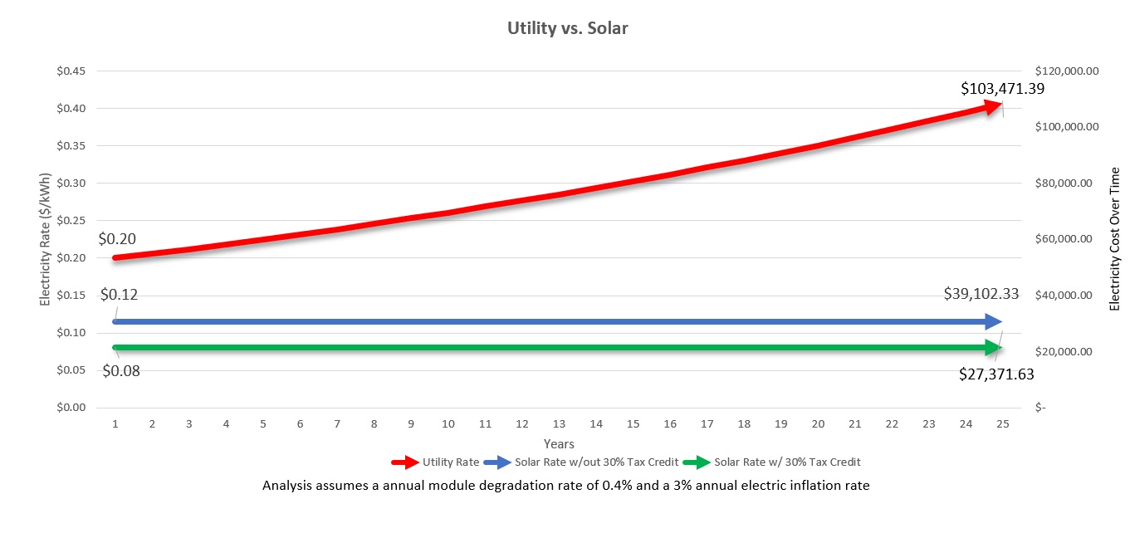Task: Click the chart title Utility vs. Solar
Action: pos(568,28)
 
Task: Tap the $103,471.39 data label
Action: pos(1002,88)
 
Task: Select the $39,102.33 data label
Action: pos(981,294)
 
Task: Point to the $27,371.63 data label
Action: pos(996,374)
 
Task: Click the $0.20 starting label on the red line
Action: pos(117,239)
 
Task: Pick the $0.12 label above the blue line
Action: pos(119,295)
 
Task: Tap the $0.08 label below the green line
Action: pos(121,370)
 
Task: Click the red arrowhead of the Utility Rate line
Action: pos(993,105)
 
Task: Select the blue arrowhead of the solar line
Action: pos(993,321)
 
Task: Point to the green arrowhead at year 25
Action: pos(993,347)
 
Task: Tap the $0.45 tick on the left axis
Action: pos(71,71)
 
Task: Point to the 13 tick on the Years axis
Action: pos(559,424)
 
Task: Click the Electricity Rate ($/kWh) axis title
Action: pos(46,239)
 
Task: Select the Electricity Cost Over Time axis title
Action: pos(1114,239)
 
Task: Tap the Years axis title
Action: pos(559,444)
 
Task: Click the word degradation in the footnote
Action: pos(495,486)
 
